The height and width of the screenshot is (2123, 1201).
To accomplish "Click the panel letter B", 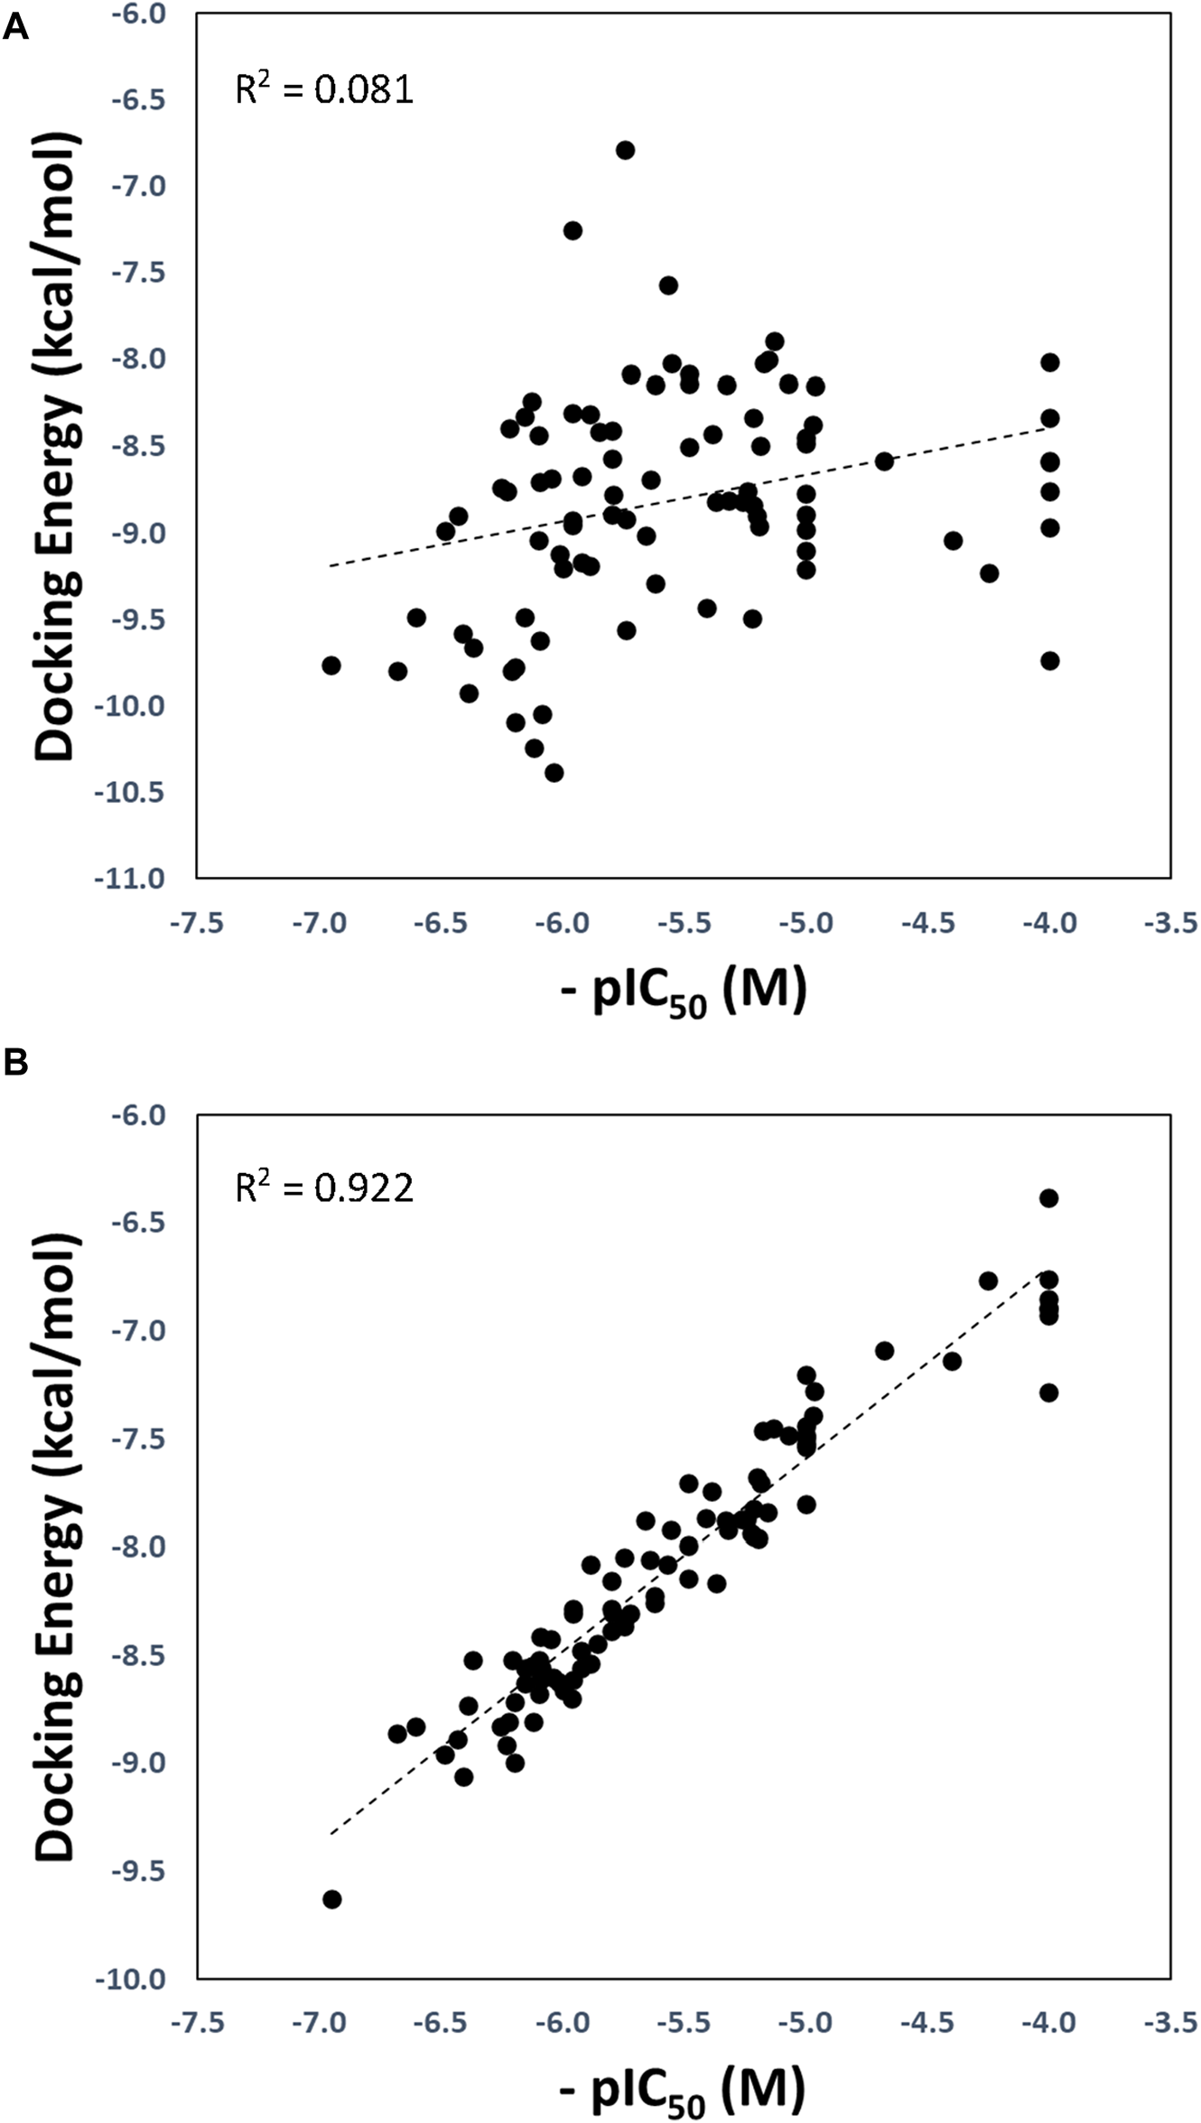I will (15, 1063).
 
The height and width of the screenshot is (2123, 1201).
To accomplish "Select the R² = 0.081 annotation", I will (324, 89).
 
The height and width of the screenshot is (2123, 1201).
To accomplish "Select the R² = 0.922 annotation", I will (324, 1187).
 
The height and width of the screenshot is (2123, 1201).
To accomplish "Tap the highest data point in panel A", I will (625, 150).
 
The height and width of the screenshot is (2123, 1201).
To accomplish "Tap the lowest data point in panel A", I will (554, 773).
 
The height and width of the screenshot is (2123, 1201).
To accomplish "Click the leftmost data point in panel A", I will (331, 666).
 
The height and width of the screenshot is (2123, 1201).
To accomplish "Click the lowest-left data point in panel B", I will (331, 1899).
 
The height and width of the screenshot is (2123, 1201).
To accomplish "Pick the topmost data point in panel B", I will (1048, 1198).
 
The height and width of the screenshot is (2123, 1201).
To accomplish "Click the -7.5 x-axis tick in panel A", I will (199, 924).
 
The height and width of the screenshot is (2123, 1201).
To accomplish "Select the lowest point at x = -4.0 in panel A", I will (1049, 661).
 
